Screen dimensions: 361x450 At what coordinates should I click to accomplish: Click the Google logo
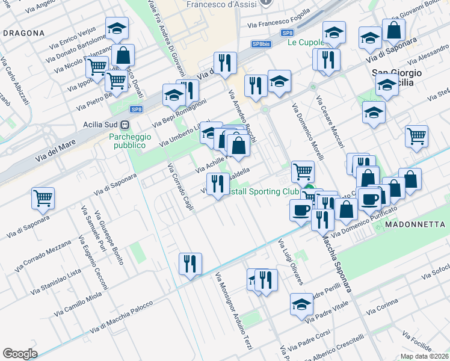click(x=20, y=354)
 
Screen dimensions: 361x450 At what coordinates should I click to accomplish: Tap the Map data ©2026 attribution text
click(x=425, y=356)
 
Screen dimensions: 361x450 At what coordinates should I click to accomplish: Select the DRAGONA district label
click(x=23, y=33)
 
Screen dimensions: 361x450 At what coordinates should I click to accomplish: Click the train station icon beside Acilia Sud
click(x=125, y=125)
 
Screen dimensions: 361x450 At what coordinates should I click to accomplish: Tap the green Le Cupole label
click(x=305, y=42)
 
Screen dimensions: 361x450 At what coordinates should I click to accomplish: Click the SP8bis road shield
click(x=260, y=44)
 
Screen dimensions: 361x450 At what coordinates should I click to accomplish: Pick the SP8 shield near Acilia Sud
click(x=137, y=109)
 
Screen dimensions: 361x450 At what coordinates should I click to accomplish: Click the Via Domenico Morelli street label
click(x=307, y=132)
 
